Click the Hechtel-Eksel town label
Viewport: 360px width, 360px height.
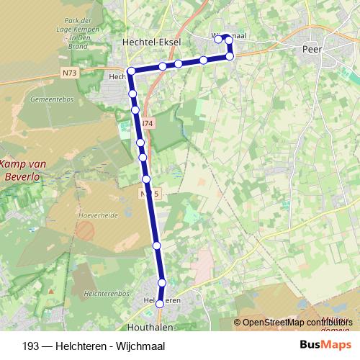pyautogui.click(x=151, y=42)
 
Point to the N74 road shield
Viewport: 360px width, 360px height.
pyautogui.click(x=147, y=124)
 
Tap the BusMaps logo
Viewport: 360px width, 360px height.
pyautogui.click(x=325, y=344)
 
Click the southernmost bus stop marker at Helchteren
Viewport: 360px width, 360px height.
pyautogui.click(x=160, y=304)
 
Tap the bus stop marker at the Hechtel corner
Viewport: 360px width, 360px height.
pyautogui.click(x=131, y=71)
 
